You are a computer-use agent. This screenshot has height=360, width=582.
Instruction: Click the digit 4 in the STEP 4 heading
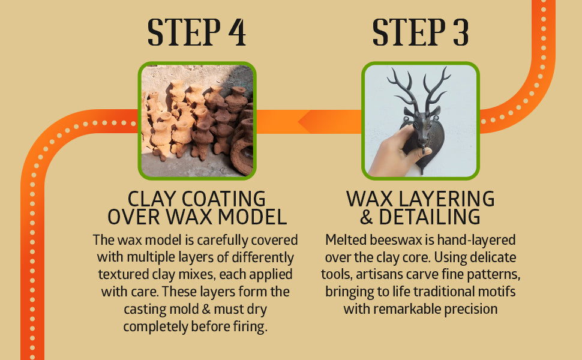pyautogui.click(x=237, y=32)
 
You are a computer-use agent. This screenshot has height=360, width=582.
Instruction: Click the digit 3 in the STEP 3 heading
pyautogui.click(x=461, y=32)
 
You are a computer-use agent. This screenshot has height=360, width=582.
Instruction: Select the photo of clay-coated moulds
pyautogui.click(x=197, y=121)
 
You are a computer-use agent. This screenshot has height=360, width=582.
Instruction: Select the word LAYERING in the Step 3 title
pyautogui.click(x=446, y=199)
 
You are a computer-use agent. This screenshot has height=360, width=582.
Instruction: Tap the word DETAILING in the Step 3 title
pyautogui.click(x=430, y=217)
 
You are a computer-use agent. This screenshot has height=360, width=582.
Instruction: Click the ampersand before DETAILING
pyautogui.click(x=367, y=217)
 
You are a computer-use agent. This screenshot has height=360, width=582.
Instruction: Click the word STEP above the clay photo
pyautogui.click(x=184, y=32)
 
